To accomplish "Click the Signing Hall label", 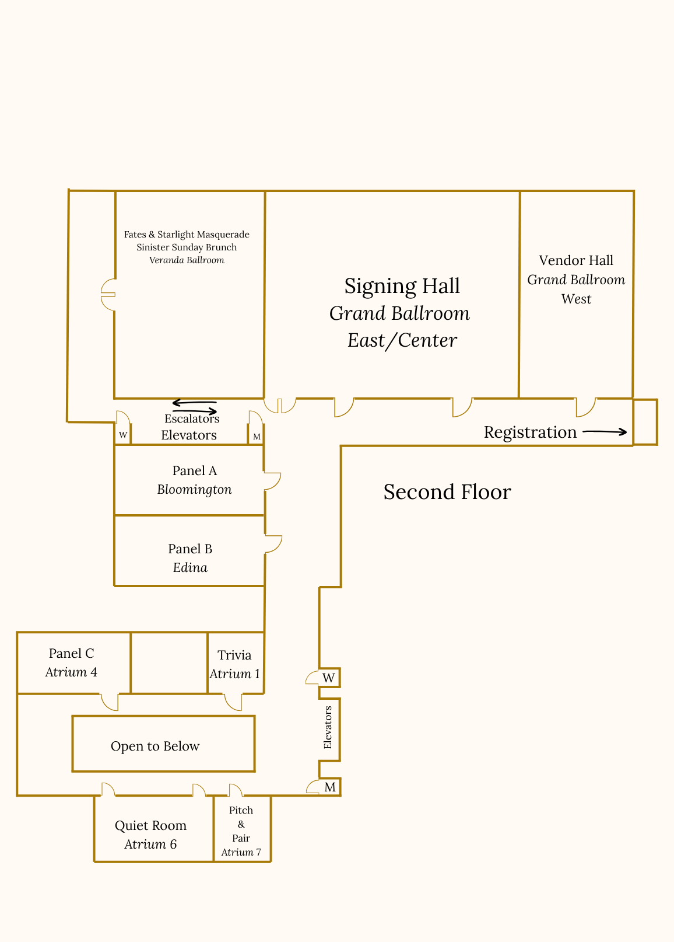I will (x=402, y=286).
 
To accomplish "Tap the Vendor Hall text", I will (x=576, y=260).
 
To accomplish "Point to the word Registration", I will (x=530, y=432).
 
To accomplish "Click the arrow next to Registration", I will (x=605, y=432).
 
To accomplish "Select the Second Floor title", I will (x=447, y=492).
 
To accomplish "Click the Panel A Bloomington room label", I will (x=194, y=480).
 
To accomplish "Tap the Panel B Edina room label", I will (x=190, y=558).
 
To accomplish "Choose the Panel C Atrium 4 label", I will (x=71, y=662).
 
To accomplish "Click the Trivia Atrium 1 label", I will (x=234, y=664).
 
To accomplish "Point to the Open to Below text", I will (x=155, y=746).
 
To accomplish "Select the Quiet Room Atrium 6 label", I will (x=150, y=835).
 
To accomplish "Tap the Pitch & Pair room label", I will (x=241, y=831).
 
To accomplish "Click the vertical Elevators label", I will (x=328, y=727).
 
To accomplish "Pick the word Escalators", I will (x=192, y=418).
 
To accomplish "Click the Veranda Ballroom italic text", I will (x=187, y=260).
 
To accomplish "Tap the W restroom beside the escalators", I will (x=123, y=435).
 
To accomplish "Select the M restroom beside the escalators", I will (x=257, y=437).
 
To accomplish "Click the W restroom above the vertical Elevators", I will (x=329, y=678).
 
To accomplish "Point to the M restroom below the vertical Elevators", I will (x=330, y=787).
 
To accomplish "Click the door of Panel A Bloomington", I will (x=272, y=481).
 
